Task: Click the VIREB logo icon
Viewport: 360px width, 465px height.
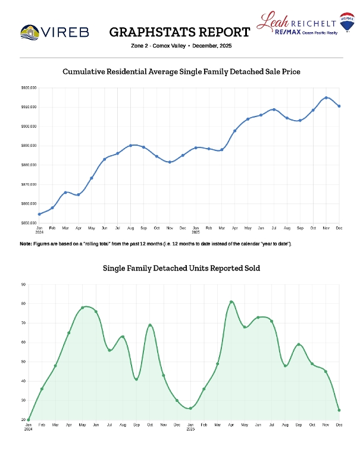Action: tap(30, 30)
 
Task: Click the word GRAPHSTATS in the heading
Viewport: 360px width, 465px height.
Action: tap(146, 32)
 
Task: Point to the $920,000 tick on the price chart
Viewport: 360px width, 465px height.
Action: tap(29, 88)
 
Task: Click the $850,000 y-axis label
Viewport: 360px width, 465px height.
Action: tap(29, 223)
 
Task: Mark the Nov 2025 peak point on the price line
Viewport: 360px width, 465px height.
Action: tap(326, 98)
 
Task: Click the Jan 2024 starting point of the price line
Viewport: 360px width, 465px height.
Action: tap(39, 214)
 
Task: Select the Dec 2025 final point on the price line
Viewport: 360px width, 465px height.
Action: tap(339, 106)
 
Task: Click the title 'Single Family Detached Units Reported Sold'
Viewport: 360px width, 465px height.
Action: tap(181, 269)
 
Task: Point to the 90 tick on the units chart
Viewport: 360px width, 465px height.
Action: tap(23, 284)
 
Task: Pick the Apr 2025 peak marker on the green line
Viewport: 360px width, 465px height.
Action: tap(231, 302)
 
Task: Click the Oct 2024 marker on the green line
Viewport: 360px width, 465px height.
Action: tap(150, 325)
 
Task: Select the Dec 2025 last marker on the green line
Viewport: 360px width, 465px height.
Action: tap(339, 410)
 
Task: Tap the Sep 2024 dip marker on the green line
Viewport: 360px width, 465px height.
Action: tap(136, 379)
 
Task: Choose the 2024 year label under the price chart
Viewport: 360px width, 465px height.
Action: tap(39, 232)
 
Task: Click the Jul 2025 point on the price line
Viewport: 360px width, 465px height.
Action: tap(274, 109)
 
